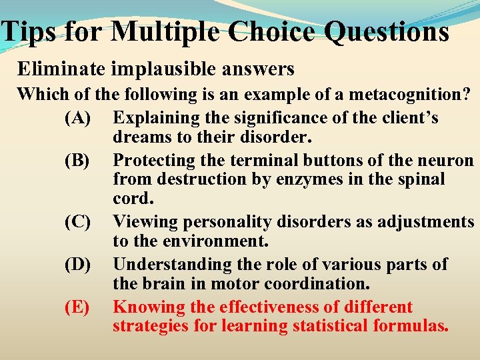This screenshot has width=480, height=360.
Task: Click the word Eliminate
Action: click(58, 68)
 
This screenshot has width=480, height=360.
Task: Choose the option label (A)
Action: click(77, 118)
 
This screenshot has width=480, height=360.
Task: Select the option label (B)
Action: click(77, 161)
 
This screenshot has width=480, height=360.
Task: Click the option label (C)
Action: click(77, 222)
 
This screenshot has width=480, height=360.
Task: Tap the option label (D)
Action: click(77, 265)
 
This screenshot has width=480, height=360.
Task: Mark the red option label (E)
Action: click(77, 307)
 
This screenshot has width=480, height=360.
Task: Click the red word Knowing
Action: click(143, 307)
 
